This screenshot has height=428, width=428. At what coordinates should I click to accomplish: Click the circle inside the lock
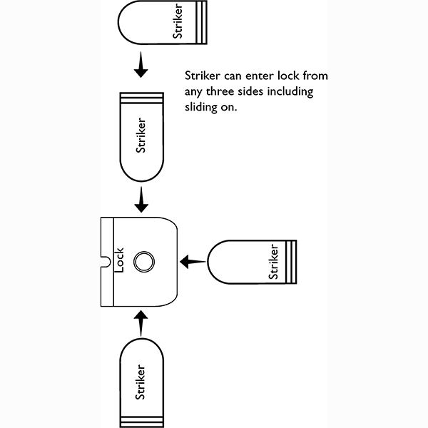143,262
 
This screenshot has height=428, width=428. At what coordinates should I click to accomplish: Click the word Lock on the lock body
120,259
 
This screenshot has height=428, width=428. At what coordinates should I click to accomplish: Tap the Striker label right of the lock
272,262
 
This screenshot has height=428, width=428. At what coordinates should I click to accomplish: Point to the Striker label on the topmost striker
178,21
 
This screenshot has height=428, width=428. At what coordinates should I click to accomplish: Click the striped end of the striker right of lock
291,262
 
